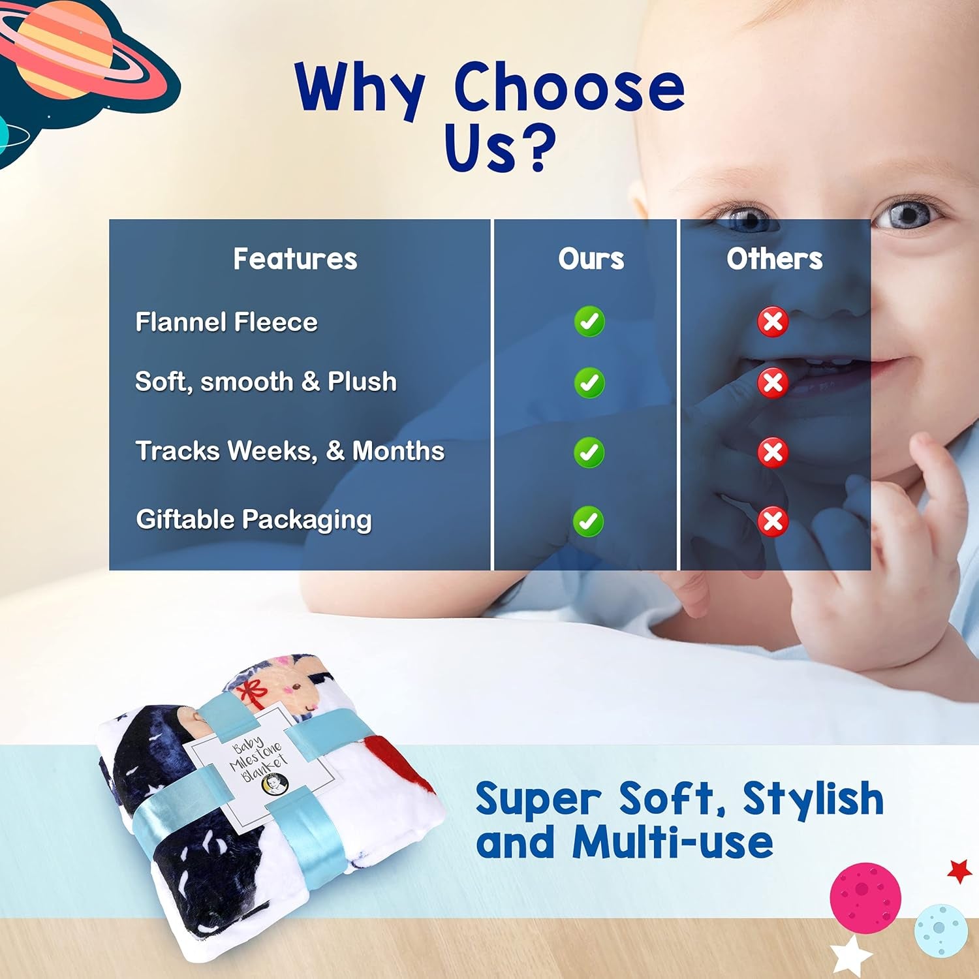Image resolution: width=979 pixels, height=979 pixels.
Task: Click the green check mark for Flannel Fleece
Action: pyautogui.click(x=589, y=322)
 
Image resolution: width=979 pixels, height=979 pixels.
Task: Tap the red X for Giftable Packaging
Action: pyautogui.click(x=773, y=521)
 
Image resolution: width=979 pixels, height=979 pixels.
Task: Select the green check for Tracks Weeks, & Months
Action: pyautogui.click(x=589, y=452)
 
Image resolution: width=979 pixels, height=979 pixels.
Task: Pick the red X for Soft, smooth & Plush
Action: pyautogui.click(x=773, y=382)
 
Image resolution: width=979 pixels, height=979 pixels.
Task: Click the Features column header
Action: pyautogui.click(x=295, y=259)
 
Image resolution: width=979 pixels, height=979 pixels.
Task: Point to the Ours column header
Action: pyautogui.click(x=591, y=259)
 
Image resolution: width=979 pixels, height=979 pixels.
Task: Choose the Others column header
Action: pyautogui.click(x=775, y=259)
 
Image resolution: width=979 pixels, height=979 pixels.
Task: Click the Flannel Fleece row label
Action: pyautogui.click(x=226, y=322)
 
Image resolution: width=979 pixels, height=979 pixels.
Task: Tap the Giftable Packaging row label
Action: pyautogui.click(x=254, y=520)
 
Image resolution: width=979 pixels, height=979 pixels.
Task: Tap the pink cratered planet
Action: pyautogui.click(x=865, y=897)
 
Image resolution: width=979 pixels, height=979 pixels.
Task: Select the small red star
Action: pyautogui.click(x=959, y=871)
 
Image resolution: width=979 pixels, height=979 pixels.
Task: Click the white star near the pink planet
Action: pyautogui.click(x=852, y=956)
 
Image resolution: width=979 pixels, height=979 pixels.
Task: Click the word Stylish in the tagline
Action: pyautogui.click(x=813, y=798)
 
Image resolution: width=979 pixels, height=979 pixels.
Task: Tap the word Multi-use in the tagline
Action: pyautogui.click(x=673, y=842)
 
